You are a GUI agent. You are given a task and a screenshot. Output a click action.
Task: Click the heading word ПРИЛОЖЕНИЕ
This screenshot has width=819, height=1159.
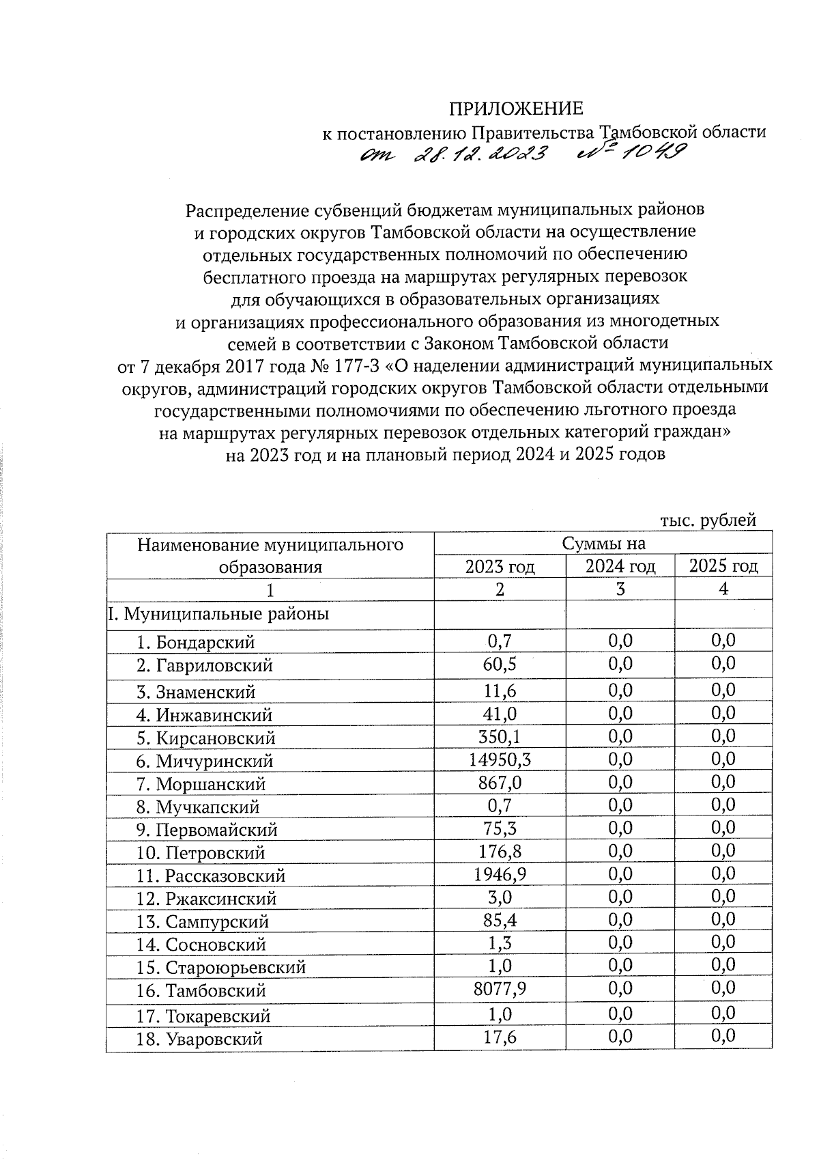click(x=515, y=109)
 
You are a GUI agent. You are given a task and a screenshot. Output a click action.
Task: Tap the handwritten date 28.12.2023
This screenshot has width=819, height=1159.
click(x=483, y=156)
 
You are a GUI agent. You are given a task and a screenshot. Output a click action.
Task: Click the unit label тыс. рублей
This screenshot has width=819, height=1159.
click(x=708, y=520)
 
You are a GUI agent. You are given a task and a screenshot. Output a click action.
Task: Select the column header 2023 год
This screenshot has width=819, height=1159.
click(x=500, y=566)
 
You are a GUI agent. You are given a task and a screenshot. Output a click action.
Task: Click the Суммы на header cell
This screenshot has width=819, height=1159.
click(x=603, y=544)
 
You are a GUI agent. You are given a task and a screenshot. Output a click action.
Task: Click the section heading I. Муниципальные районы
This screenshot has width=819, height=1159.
click(x=218, y=614)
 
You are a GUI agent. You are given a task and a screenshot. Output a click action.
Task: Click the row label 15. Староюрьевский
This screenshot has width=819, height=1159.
click(x=220, y=968)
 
